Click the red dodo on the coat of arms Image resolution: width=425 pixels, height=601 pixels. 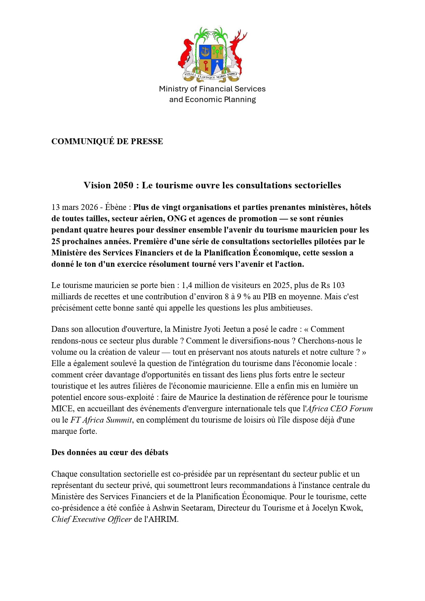coord(187,55)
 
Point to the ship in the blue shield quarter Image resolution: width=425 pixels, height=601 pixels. coord(205,52)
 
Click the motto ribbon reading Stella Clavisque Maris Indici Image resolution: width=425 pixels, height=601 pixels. coord(212,76)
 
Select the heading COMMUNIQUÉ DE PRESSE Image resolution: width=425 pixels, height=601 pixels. coord(107,141)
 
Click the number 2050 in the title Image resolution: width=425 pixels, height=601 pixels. coord(123,185)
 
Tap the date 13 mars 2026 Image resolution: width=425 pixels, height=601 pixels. coord(74,207)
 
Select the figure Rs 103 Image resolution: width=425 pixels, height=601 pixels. coord(333,285)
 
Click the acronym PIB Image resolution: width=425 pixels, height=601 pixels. coord(270,297)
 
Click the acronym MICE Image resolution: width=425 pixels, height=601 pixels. coord(62,409)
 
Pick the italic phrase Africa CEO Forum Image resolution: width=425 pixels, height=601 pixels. coord(339,409)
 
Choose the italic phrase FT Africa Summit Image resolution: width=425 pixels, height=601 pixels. coord(101,420)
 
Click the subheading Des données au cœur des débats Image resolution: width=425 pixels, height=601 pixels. coord(110,452)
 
